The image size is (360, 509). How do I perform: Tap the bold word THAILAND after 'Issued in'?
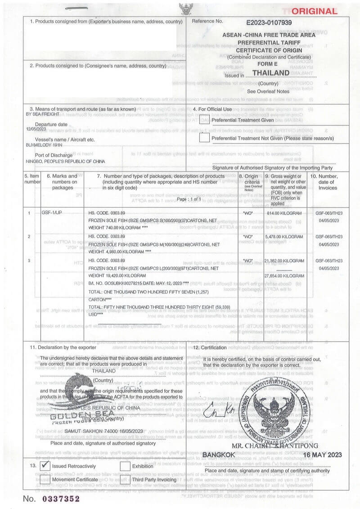pos(270,73)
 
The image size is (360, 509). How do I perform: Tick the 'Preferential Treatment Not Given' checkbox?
pos(204,138)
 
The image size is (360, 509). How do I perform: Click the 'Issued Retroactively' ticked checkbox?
pos(45,466)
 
